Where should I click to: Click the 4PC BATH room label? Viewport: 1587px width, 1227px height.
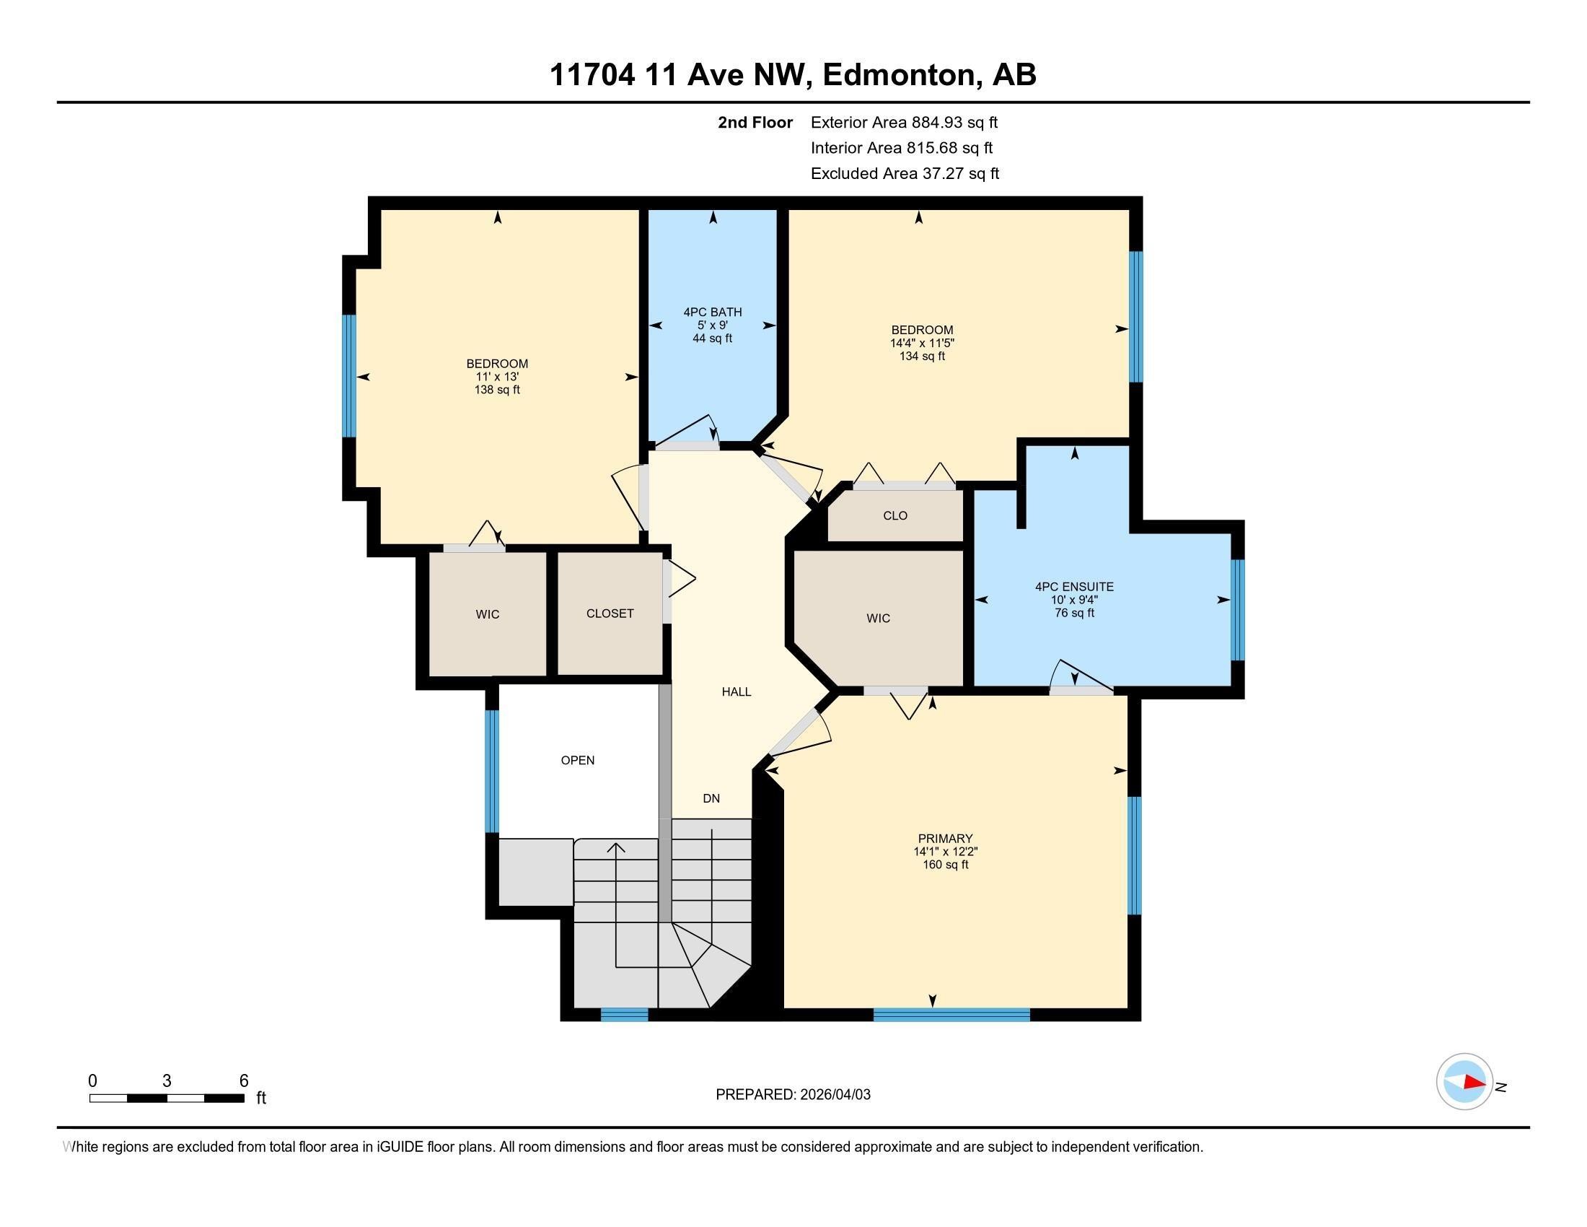tap(712, 313)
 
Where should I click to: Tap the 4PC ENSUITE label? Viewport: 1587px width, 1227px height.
tap(1074, 587)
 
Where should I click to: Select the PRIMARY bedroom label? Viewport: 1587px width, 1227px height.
tap(945, 838)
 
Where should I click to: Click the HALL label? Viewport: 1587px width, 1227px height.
tap(736, 692)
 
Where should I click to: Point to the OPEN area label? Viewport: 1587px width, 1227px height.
tap(578, 760)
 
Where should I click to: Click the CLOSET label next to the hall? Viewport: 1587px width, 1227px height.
tap(610, 613)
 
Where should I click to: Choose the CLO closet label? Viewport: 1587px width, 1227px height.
tap(895, 515)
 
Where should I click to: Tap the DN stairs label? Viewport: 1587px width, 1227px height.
tap(711, 798)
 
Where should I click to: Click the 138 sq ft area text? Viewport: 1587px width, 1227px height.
tap(497, 390)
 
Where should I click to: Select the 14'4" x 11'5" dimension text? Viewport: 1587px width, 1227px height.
tap(922, 343)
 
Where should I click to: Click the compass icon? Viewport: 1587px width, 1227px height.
tap(1464, 1081)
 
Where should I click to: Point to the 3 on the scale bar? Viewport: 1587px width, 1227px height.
tap(167, 1081)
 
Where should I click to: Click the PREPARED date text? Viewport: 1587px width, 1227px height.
tap(793, 1095)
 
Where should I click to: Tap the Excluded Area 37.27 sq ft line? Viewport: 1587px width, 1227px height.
tap(905, 174)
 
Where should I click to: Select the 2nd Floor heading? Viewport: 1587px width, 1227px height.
tap(755, 123)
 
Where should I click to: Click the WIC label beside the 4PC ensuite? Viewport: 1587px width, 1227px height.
tap(878, 619)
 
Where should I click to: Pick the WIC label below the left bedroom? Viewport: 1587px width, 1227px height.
tap(488, 614)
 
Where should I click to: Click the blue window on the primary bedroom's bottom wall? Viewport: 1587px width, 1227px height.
tap(951, 1015)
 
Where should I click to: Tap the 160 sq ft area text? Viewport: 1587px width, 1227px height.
tap(945, 865)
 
